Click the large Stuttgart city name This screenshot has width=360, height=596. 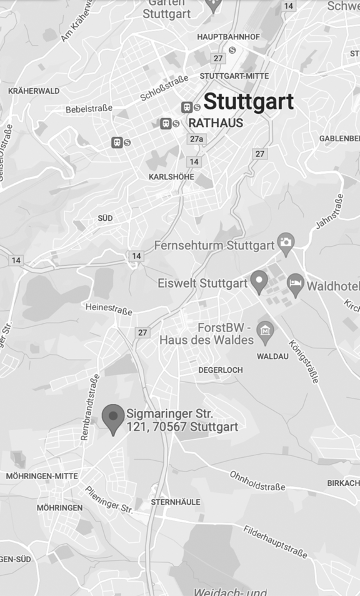(249, 101)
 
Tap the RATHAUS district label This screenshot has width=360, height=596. (216, 123)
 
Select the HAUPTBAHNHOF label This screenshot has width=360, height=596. (229, 37)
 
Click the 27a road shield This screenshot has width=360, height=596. (196, 139)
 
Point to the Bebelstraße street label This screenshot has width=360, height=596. (89, 109)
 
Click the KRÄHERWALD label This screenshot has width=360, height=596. (34, 91)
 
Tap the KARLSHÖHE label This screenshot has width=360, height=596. (171, 177)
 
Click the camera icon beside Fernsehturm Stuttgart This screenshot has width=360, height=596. (286, 242)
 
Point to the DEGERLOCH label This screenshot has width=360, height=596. (221, 370)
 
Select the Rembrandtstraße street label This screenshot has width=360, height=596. (89, 407)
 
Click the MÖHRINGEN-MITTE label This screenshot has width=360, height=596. (42, 476)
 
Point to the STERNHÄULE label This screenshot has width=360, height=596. (176, 502)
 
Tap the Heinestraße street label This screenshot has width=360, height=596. (108, 309)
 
